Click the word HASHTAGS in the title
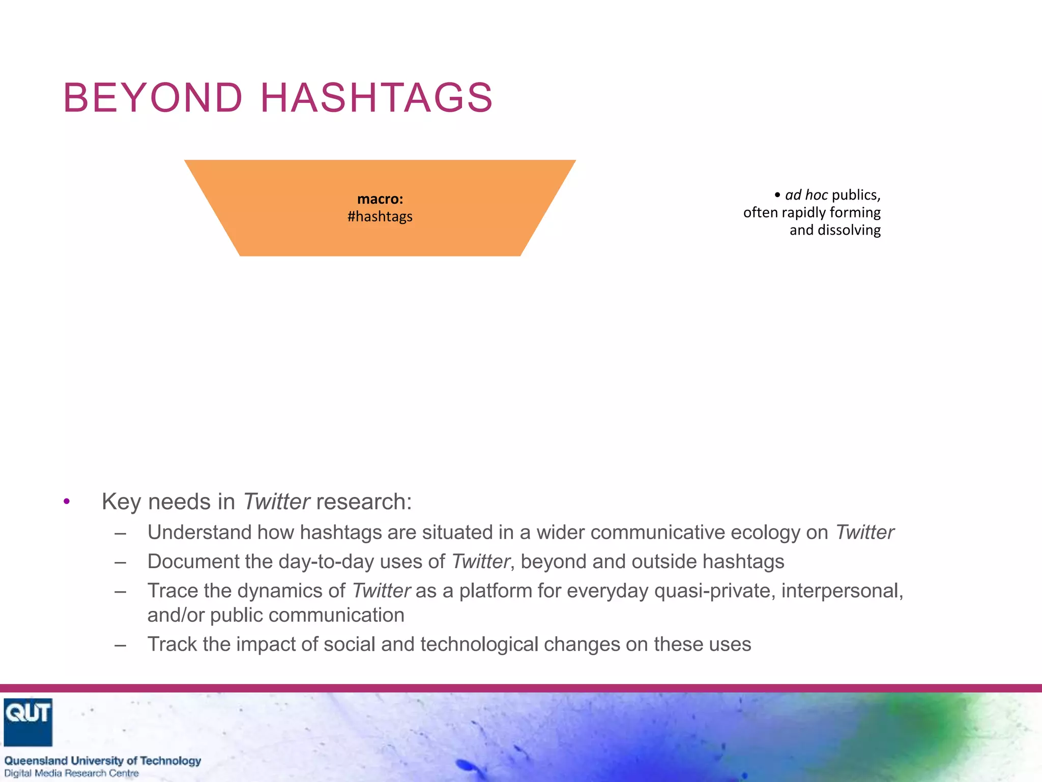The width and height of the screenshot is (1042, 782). [x=377, y=98]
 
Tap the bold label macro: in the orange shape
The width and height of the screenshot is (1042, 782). [x=380, y=199]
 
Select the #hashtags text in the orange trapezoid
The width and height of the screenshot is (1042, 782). [x=380, y=217]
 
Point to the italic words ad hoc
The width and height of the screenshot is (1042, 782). [x=806, y=195]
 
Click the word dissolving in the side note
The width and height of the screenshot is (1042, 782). [x=849, y=230]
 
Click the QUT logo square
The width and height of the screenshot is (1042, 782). [x=28, y=722]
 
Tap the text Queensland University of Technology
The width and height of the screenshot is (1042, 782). [x=103, y=761]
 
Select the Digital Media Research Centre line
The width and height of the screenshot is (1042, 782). [x=71, y=773]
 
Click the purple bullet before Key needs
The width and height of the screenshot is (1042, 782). [x=67, y=502]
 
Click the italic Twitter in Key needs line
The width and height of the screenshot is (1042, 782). [x=276, y=502]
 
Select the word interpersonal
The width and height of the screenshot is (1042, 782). [x=842, y=591]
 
